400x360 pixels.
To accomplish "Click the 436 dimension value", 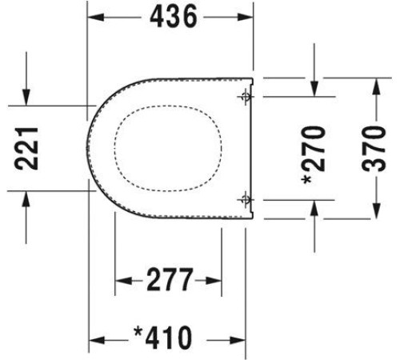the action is [174, 17].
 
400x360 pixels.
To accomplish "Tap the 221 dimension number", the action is [26, 149].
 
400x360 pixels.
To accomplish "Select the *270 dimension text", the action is [314, 155].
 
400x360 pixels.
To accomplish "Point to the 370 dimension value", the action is [374, 149].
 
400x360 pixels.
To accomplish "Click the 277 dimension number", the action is [170, 280].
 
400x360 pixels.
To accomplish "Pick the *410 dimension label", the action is [163, 338].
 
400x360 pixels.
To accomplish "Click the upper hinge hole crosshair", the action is [246, 97].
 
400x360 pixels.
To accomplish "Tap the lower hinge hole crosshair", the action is [246, 199].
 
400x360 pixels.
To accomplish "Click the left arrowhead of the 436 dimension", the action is [96, 17].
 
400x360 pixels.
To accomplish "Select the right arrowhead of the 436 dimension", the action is [246, 17].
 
